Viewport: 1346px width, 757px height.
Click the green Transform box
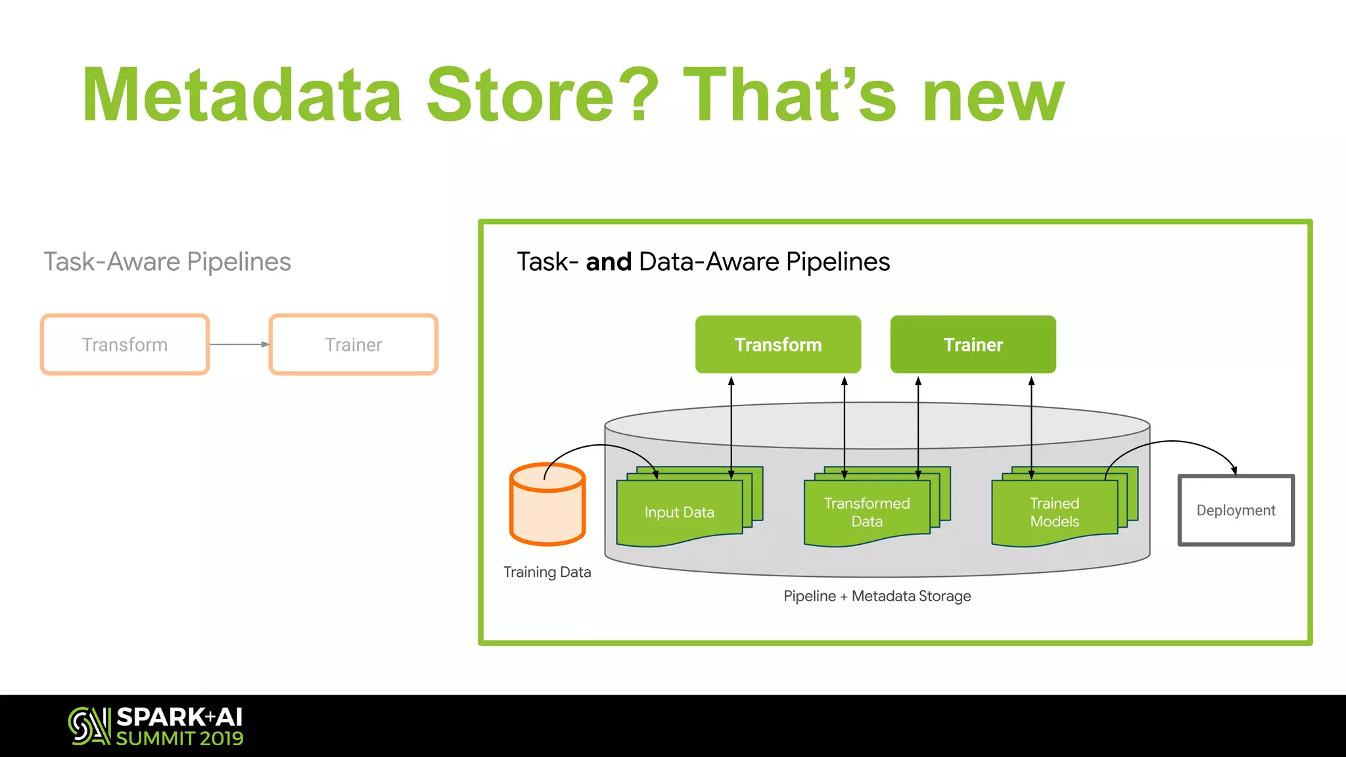[777, 344]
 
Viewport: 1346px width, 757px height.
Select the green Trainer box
[973, 344]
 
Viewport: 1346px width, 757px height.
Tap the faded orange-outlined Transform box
[125, 344]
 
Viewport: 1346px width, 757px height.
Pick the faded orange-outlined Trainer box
[353, 344]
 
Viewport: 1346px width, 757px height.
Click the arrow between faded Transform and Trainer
[239, 344]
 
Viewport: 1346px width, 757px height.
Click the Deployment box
[1236, 510]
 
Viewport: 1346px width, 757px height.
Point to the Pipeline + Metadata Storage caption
[877, 596]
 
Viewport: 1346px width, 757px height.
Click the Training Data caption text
[547, 572]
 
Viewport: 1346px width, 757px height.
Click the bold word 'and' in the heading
[609, 262]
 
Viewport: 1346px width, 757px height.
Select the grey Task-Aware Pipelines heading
[167, 262]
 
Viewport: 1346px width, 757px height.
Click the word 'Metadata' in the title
[242, 95]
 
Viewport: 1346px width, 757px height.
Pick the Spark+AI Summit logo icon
[89, 726]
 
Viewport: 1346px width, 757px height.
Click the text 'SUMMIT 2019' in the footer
[179, 739]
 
